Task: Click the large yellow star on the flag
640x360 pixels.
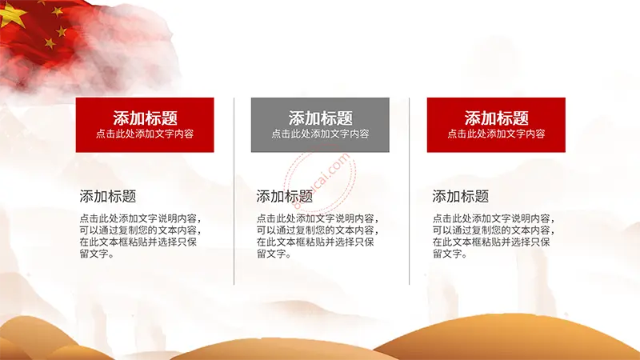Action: pos(11,14)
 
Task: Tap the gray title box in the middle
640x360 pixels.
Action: pos(320,125)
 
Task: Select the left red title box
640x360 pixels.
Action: pos(145,125)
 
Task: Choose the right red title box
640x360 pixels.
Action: pos(496,125)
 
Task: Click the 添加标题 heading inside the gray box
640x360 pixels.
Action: pos(321,118)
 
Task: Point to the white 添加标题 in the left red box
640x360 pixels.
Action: pos(145,118)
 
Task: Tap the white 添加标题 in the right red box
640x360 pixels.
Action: pos(496,118)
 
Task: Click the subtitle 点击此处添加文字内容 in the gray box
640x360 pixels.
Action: pos(321,134)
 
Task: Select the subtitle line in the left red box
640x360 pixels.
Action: pos(145,134)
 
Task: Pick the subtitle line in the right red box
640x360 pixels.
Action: pos(496,134)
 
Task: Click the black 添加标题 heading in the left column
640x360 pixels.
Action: pos(108,196)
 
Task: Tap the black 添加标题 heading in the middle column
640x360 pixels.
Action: pos(285,196)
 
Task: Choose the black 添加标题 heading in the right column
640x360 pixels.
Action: pos(461,196)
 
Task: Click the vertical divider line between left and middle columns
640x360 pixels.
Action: pos(234,191)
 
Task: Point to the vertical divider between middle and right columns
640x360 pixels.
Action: pos(409,191)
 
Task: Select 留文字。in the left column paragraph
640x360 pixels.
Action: pos(97,254)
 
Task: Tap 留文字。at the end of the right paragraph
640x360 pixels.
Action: pos(450,254)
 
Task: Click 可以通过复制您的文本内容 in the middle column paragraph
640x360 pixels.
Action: pos(315,230)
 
